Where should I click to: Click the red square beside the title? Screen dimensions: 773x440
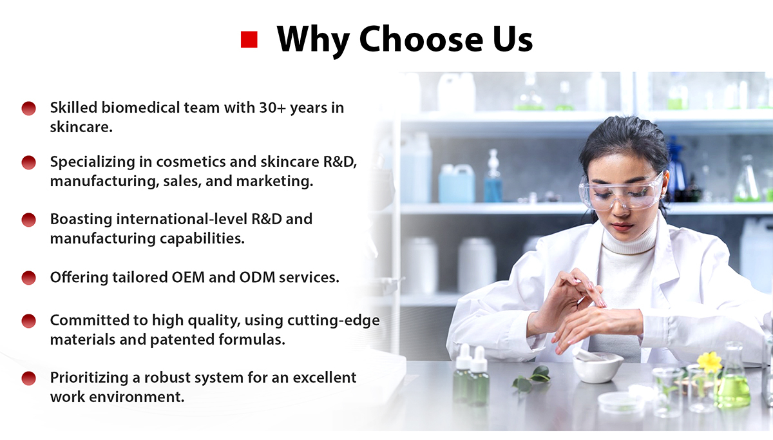[249, 39]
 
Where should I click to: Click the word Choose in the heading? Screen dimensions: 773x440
[421, 39]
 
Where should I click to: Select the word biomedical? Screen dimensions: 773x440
[140, 108]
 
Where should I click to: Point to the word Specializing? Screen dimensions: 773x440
[93, 162]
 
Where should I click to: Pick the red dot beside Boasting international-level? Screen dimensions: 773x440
[28, 220]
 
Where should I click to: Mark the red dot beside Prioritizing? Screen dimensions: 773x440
[28, 378]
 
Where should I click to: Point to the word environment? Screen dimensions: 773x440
[137, 397]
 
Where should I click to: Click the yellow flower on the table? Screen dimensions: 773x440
[709, 362]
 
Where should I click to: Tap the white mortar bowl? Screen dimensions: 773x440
[598, 368]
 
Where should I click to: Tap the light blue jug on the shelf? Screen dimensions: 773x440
[456, 183]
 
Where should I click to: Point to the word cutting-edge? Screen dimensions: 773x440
[334, 321]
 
